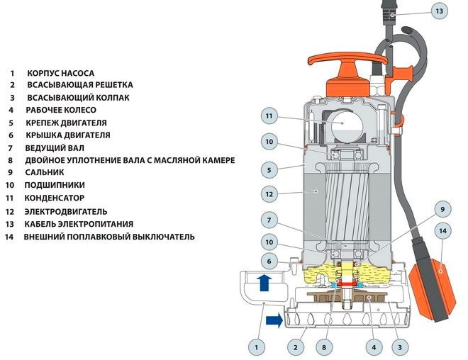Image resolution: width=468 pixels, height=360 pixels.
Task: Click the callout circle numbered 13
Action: tap(439, 11)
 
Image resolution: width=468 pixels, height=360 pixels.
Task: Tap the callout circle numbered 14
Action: tap(442, 231)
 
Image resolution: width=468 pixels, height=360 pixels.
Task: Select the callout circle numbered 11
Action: tap(269, 116)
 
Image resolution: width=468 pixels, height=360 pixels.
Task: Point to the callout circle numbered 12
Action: tap(269, 193)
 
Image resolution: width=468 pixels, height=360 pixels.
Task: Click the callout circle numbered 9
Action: tap(442, 210)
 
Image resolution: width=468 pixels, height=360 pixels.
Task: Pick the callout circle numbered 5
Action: tap(269, 169)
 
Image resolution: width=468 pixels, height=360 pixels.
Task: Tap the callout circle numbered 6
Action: tap(269, 261)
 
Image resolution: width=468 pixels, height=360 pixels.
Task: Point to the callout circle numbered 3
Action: tap(401, 347)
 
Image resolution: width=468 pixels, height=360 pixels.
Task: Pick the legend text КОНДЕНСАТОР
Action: tap(55, 198)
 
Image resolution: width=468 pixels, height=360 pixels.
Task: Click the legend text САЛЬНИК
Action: tap(45, 172)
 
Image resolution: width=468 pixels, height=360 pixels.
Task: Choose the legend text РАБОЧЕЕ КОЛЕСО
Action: tap(61, 110)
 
